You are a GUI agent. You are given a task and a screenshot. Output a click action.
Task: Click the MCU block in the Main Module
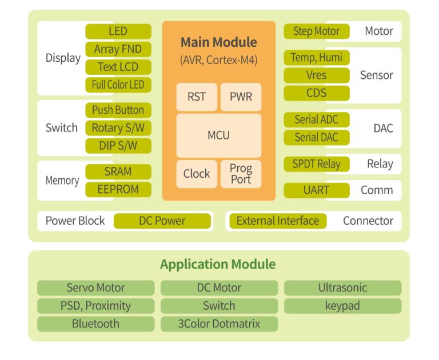pos(219,135)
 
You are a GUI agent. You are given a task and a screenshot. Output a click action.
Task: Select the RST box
pos(196,97)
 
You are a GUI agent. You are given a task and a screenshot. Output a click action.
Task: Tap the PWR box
pos(241,97)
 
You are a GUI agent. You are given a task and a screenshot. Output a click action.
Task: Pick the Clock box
pos(196,174)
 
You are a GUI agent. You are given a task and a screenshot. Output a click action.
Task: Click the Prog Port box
pos(241,174)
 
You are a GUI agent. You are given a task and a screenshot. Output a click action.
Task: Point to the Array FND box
pos(118,49)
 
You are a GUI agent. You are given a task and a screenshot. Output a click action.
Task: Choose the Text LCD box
pos(118,67)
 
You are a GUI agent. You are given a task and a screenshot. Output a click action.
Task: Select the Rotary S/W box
pos(118,128)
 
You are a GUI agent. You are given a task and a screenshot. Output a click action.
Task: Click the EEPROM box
pos(118,189)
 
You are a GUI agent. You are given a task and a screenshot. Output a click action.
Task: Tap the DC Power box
pos(162,221)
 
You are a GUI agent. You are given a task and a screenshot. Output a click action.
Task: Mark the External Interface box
pos(277,221)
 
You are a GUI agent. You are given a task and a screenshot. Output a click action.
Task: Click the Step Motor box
pos(316,31)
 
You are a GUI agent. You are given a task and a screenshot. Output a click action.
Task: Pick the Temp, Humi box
pos(316,58)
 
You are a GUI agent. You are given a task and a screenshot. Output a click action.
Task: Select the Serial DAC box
pos(316,138)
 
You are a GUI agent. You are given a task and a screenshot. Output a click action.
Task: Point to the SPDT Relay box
pos(316,164)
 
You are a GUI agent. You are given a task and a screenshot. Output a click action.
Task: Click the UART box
pos(316,190)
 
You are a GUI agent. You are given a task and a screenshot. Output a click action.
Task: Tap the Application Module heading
pos(218,265)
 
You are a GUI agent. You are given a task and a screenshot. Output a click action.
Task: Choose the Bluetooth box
pos(95,324)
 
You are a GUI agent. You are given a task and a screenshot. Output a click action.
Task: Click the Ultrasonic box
pos(342,288)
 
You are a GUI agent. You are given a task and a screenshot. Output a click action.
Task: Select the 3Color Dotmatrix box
pos(219,324)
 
